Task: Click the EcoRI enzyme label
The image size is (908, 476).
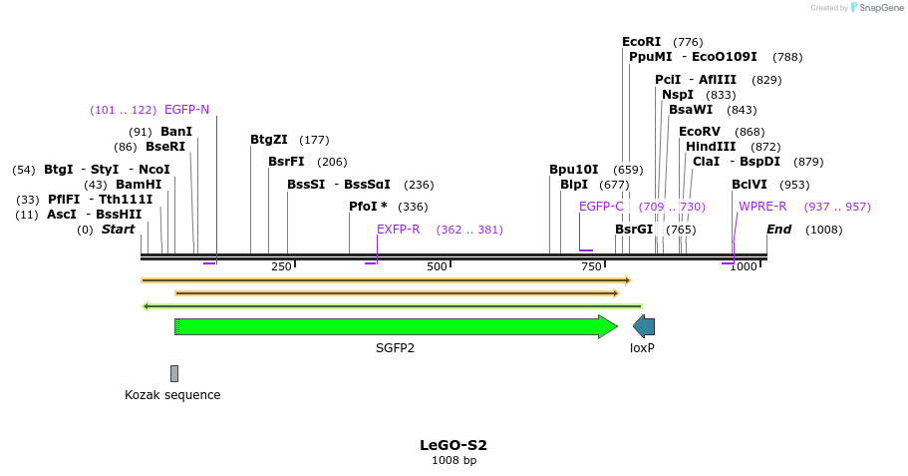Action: [x=641, y=42]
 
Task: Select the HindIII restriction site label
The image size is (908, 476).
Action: [x=710, y=147]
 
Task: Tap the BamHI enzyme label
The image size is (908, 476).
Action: [x=138, y=185]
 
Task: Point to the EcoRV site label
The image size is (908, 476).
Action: [x=699, y=132]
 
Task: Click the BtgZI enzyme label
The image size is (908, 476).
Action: [x=269, y=140]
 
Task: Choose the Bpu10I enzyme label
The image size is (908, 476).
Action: [x=574, y=170]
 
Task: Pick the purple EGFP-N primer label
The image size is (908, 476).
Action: [x=186, y=110]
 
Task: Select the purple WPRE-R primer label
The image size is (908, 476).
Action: [x=762, y=207]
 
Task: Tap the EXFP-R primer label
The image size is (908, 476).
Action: [x=398, y=230]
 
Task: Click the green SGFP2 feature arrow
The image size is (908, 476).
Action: [x=395, y=326]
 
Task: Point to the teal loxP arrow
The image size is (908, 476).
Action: [x=644, y=326]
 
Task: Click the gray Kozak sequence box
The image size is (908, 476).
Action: [x=174, y=373]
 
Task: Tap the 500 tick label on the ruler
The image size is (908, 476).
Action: [x=437, y=266]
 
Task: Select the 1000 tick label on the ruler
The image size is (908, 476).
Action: [x=744, y=266]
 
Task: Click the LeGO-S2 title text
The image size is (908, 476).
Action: [x=454, y=445]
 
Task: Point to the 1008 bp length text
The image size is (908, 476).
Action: [x=454, y=461]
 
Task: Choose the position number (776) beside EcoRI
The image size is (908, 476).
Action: [x=688, y=42]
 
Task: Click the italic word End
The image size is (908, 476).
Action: [x=779, y=230]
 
